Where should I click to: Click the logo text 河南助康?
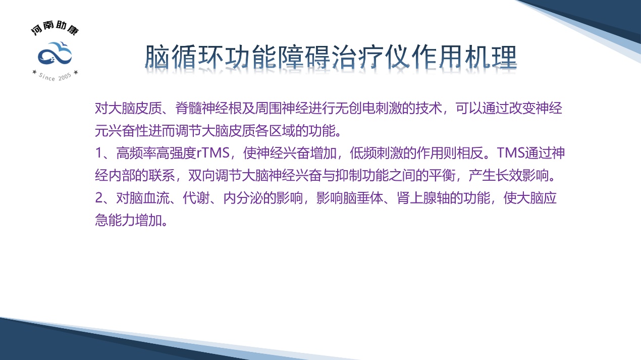[x=55, y=30]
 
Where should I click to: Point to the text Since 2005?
[x=55, y=76]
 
